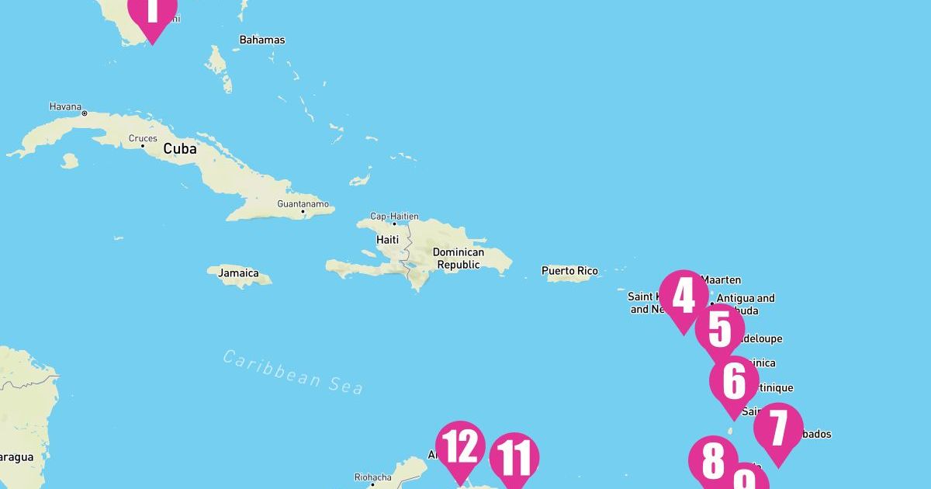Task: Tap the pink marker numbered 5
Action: [x=719, y=330]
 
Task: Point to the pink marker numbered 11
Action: [x=514, y=459]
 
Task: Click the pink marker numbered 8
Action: [x=714, y=462]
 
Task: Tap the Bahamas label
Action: [x=262, y=40]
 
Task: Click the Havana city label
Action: [x=65, y=106]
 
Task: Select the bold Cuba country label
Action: [x=179, y=148]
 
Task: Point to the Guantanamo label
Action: [x=303, y=204]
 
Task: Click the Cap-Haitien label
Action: [x=394, y=217]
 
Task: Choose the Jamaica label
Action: [x=233, y=274]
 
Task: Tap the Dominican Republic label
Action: [x=458, y=258]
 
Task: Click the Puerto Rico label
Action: [x=569, y=271]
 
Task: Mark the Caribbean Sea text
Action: [x=293, y=372]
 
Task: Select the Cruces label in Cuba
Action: [x=143, y=139]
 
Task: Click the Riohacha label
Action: [x=372, y=477]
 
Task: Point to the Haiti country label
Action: [x=387, y=240]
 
